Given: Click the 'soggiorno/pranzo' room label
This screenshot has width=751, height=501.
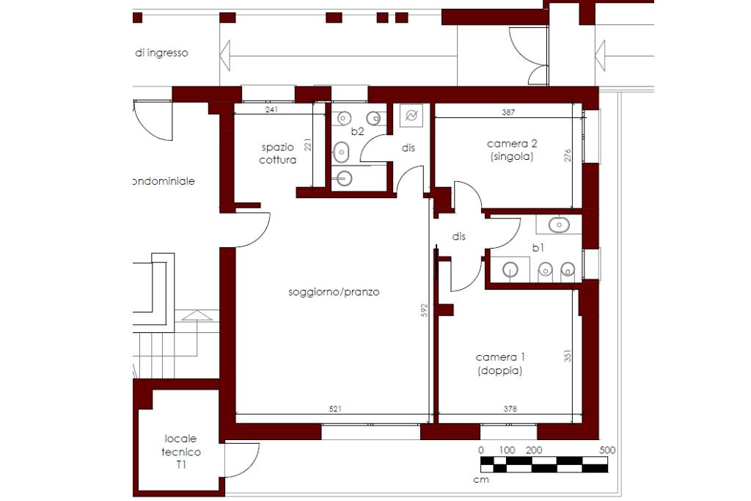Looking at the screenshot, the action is pyautogui.click(x=334, y=292).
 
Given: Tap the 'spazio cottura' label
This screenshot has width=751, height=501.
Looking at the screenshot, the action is pyautogui.click(x=278, y=154).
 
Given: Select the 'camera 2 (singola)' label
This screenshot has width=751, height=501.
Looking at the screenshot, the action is pyautogui.click(x=512, y=150).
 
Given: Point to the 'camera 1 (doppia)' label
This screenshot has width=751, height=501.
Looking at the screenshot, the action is pyautogui.click(x=500, y=364).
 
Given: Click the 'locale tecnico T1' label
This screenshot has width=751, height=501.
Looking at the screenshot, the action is pyautogui.click(x=181, y=452).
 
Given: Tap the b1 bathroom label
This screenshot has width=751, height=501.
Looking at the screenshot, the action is pyautogui.click(x=538, y=248).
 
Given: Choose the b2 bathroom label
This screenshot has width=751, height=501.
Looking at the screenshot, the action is pyautogui.click(x=357, y=131).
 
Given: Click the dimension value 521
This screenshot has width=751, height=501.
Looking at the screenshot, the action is pyautogui.click(x=335, y=409).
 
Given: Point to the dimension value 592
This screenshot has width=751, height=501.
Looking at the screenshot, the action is pyautogui.click(x=424, y=310).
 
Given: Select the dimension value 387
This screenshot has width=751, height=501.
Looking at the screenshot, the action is pyautogui.click(x=508, y=112).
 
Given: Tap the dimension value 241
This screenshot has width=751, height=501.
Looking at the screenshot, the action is pyautogui.click(x=271, y=109).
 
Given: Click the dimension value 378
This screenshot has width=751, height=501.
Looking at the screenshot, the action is pyautogui.click(x=510, y=409).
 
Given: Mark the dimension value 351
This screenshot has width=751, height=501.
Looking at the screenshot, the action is pyautogui.click(x=568, y=355).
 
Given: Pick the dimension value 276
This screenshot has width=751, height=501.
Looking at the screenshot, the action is pyautogui.click(x=568, y=156).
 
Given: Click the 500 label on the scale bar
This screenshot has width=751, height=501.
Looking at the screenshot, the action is pyautogui.click(x=607, y=450).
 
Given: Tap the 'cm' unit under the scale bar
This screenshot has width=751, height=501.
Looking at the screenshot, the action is pyautogui.click(x=481, y=480).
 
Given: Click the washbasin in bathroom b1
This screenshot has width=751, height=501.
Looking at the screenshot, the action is pyautogui.click(x=559, y=224).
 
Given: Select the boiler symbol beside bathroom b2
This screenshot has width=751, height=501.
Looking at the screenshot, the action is pyautogui.click(x=411, y=115).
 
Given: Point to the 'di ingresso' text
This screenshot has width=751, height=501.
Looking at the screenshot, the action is pyautogui.click(x=161, y=53).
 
